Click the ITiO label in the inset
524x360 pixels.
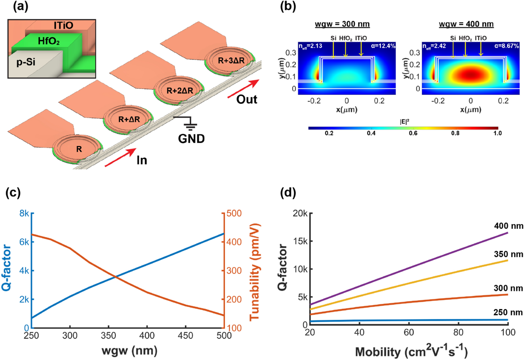(63, 26)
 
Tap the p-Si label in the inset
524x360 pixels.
(26, 62)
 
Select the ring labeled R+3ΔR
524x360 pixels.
(231, 61)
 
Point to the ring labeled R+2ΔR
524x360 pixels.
(180, 90)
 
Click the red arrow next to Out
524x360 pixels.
(243, 89)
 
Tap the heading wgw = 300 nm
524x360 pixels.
(342, 24)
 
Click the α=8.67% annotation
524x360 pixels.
(507, 46)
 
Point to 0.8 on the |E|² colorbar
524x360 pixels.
(455, 133)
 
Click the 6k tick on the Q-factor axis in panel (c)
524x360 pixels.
(24, 242)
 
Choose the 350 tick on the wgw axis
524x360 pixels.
(108, 335)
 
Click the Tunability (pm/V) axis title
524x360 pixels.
(255, 272)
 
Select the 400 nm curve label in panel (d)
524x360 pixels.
(508, 226)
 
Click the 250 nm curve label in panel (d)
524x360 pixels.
(508, 312)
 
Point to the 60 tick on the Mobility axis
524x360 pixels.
(409, 332)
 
